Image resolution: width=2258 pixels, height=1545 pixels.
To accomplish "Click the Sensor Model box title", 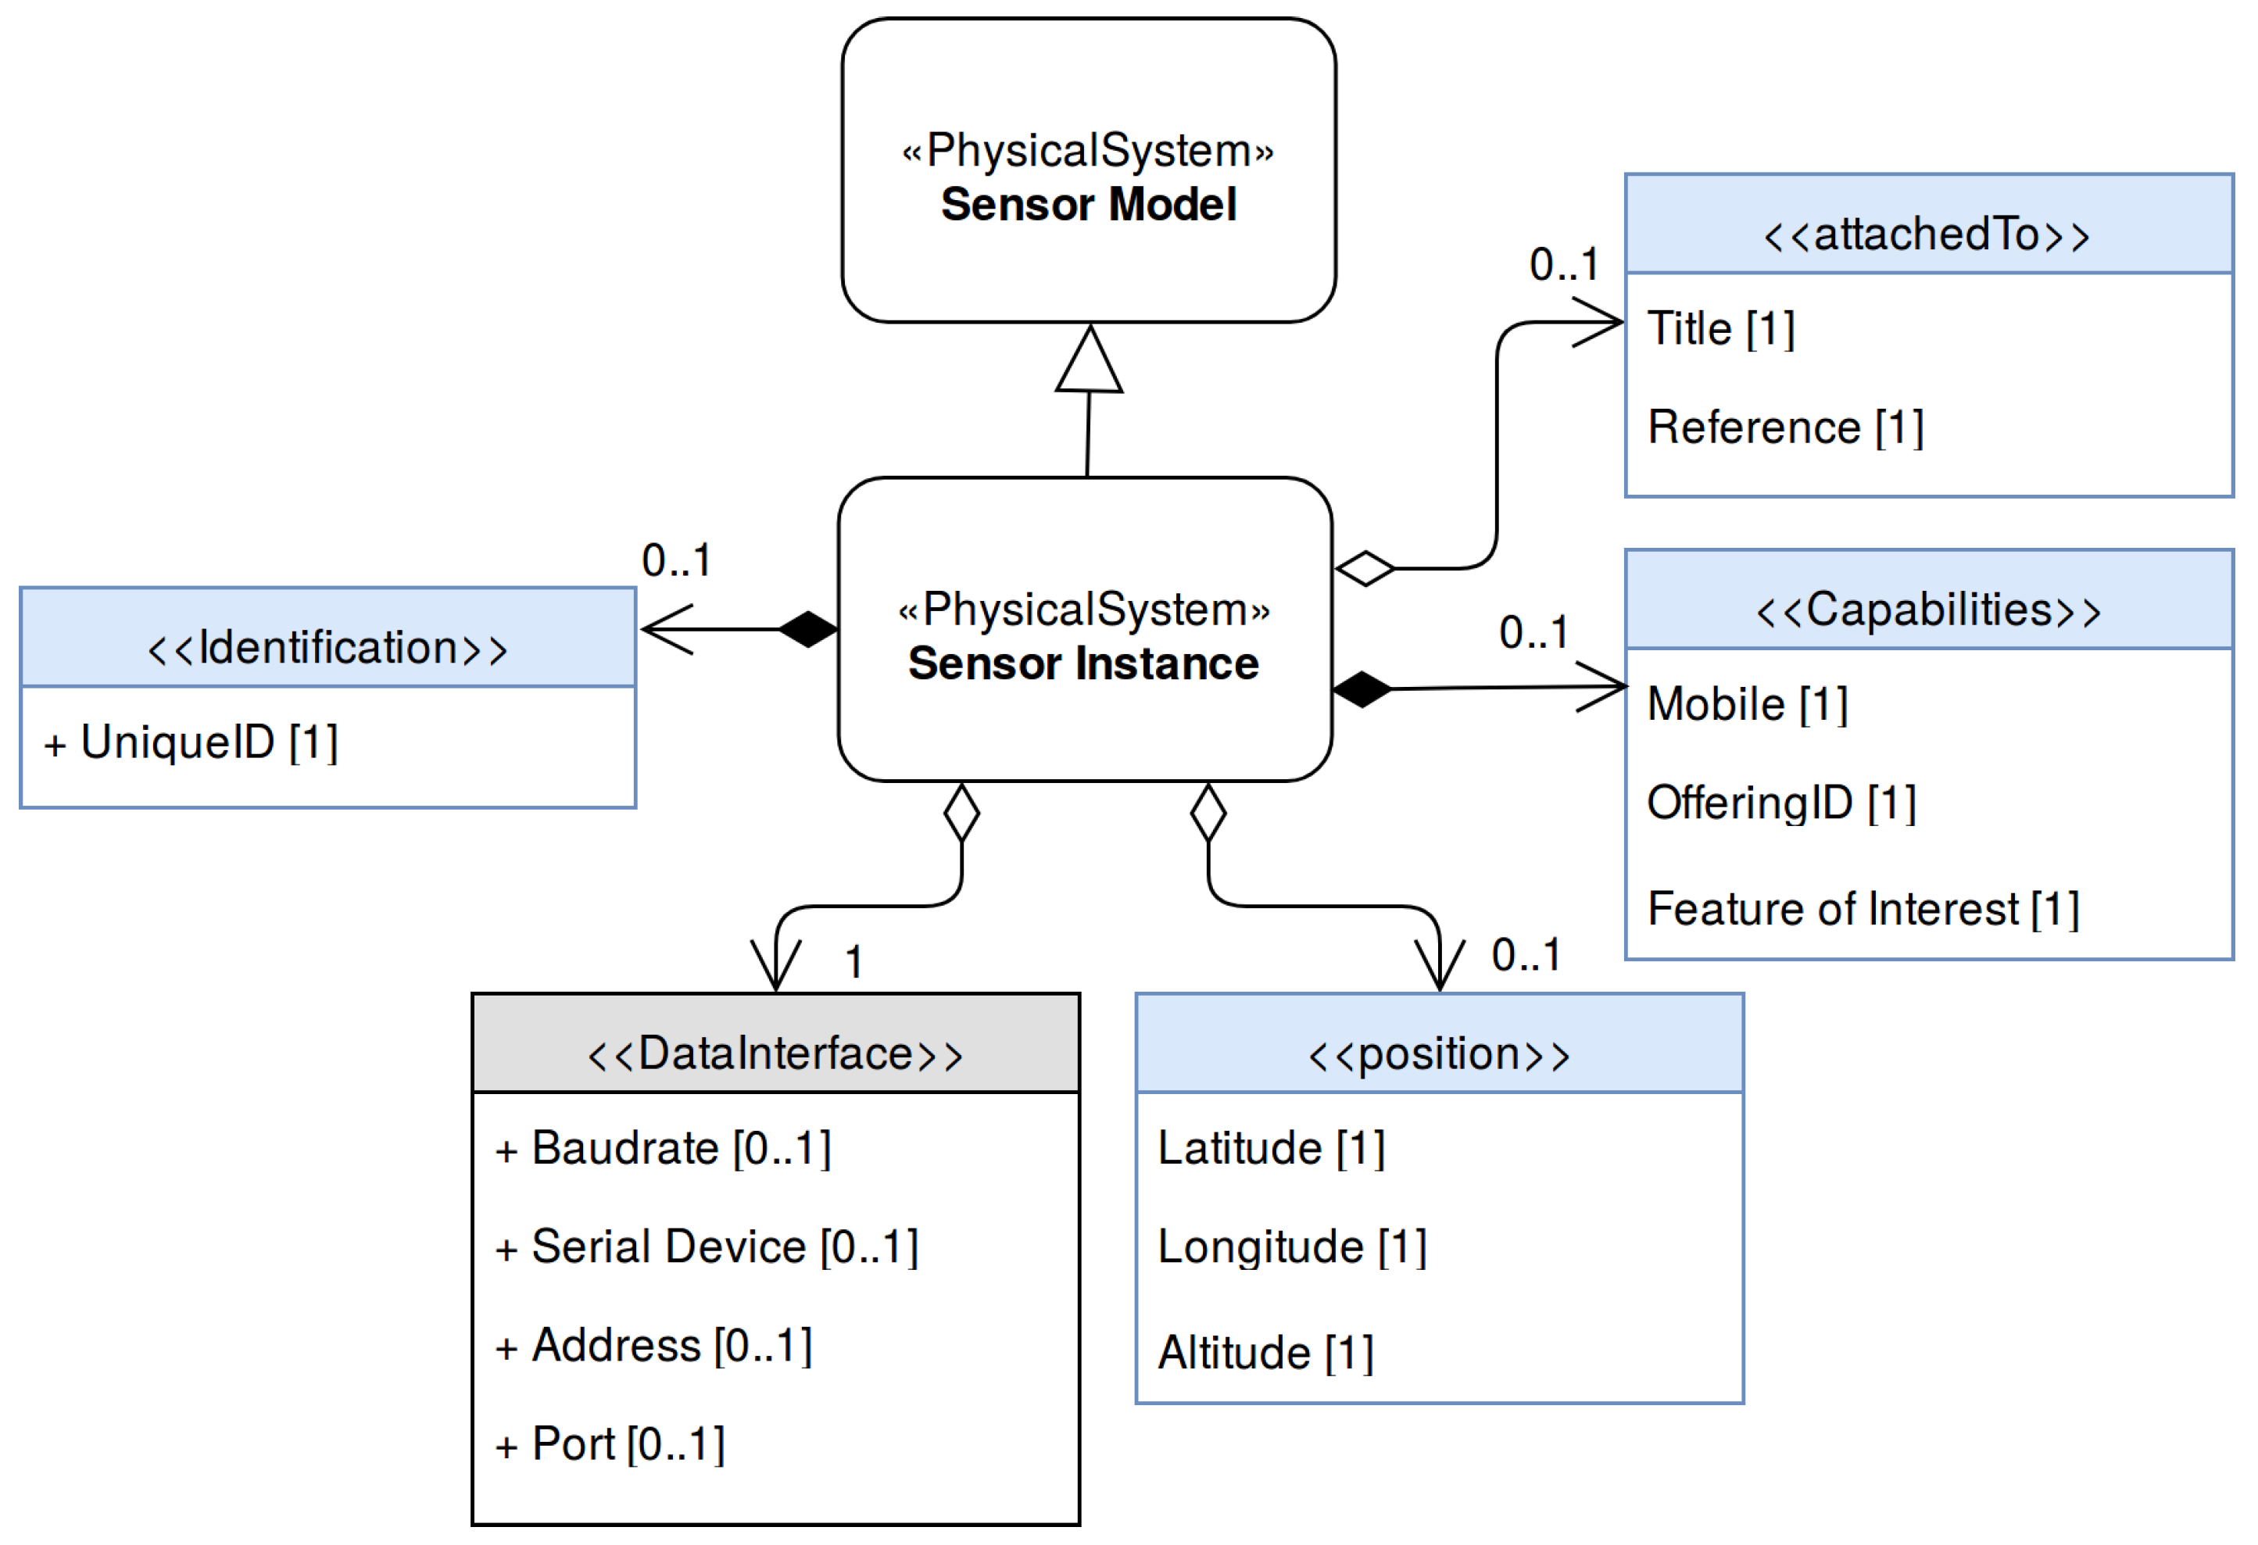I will pyautogui.click(x=1088, y=205).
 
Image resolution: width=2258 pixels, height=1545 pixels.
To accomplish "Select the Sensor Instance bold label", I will pyautogui.click(x=1083, y=663).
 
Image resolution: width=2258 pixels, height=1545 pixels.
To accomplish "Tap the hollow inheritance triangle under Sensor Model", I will pyautogui.click(x=1090, y=362).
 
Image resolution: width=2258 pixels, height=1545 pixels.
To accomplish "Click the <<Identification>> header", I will pyautogui.click(x=327, y=648).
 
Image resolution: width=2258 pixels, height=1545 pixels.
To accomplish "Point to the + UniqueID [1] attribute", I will pyautogui.click(x=191, y=743).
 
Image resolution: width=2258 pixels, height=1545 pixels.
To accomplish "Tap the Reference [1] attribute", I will pyautogui.click(x=1786, y=427).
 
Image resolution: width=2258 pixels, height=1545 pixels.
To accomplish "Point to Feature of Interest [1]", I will pyautogui.click(x=1863, y=910).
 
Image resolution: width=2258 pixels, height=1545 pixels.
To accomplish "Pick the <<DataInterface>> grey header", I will pyautogui.click(x=775, y=1054).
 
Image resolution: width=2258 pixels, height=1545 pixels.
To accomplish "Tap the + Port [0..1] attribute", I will pyautogui.click(x=610, y=1445).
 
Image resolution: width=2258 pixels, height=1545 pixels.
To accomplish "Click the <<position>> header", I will pyautogui.click(x=1439, y=1054).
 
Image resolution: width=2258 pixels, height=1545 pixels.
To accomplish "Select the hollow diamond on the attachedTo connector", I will pyautogui.click(x=1365, y=568).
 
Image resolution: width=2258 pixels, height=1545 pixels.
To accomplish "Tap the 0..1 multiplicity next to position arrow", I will pyautogui.click(x=1526, y=955).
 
